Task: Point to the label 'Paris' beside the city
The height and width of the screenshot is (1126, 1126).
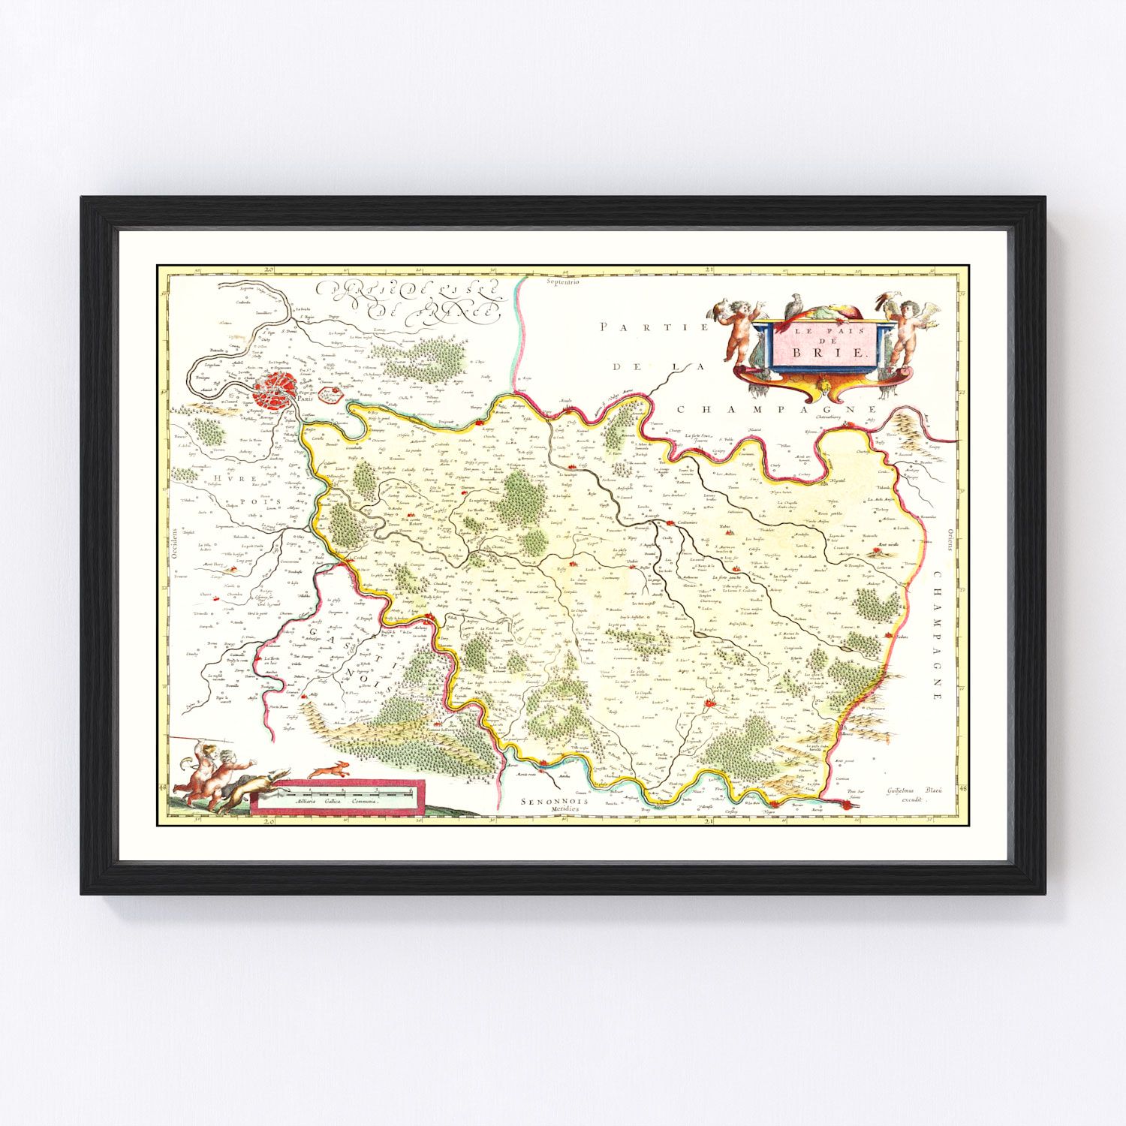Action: pyautogui.click(x=304, y=400)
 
